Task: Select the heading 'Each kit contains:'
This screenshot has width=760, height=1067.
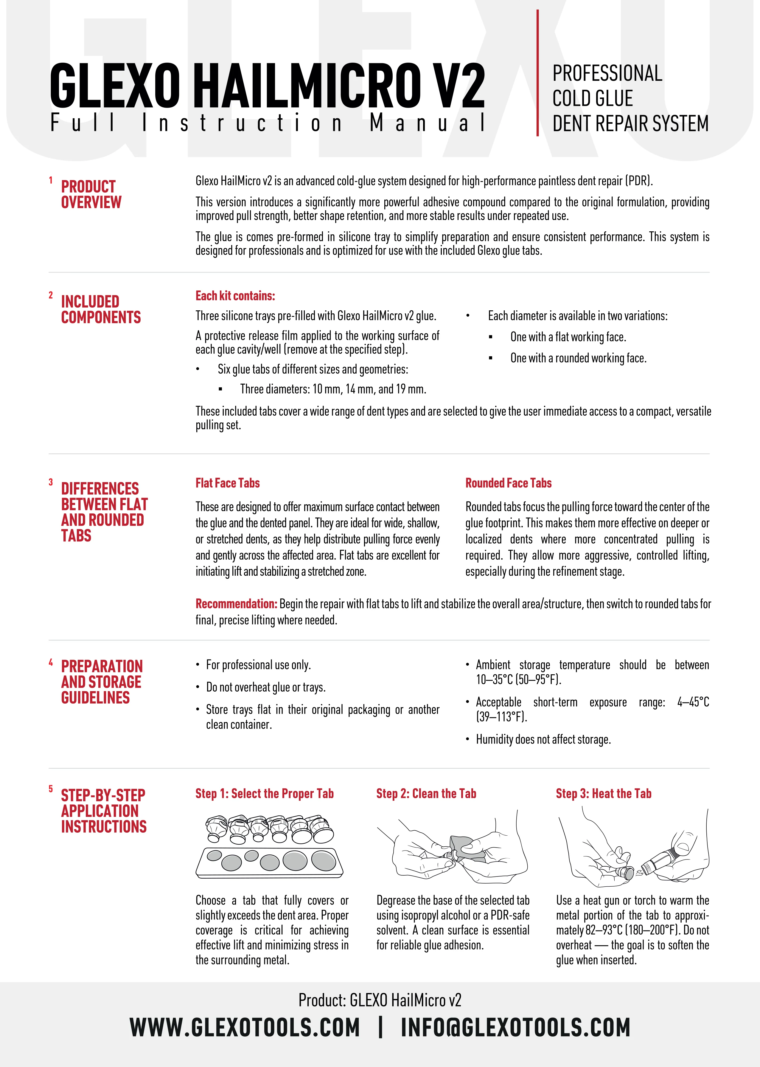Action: coord(235,296)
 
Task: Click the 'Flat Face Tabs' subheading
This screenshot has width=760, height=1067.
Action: coord(227,483)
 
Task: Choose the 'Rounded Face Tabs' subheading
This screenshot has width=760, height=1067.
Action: coord(508,483)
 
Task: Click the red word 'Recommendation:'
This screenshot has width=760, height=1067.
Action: coord(236,604)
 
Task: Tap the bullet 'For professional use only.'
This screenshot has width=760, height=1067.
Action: coord(258,665)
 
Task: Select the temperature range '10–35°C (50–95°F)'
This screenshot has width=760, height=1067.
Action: coord(518,679)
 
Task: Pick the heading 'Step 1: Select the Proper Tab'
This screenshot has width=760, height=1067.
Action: coord(265,794)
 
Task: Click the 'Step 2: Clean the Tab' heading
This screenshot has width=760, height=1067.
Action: coord(426,794)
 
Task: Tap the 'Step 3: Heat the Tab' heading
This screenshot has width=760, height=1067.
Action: coord(603,794)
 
